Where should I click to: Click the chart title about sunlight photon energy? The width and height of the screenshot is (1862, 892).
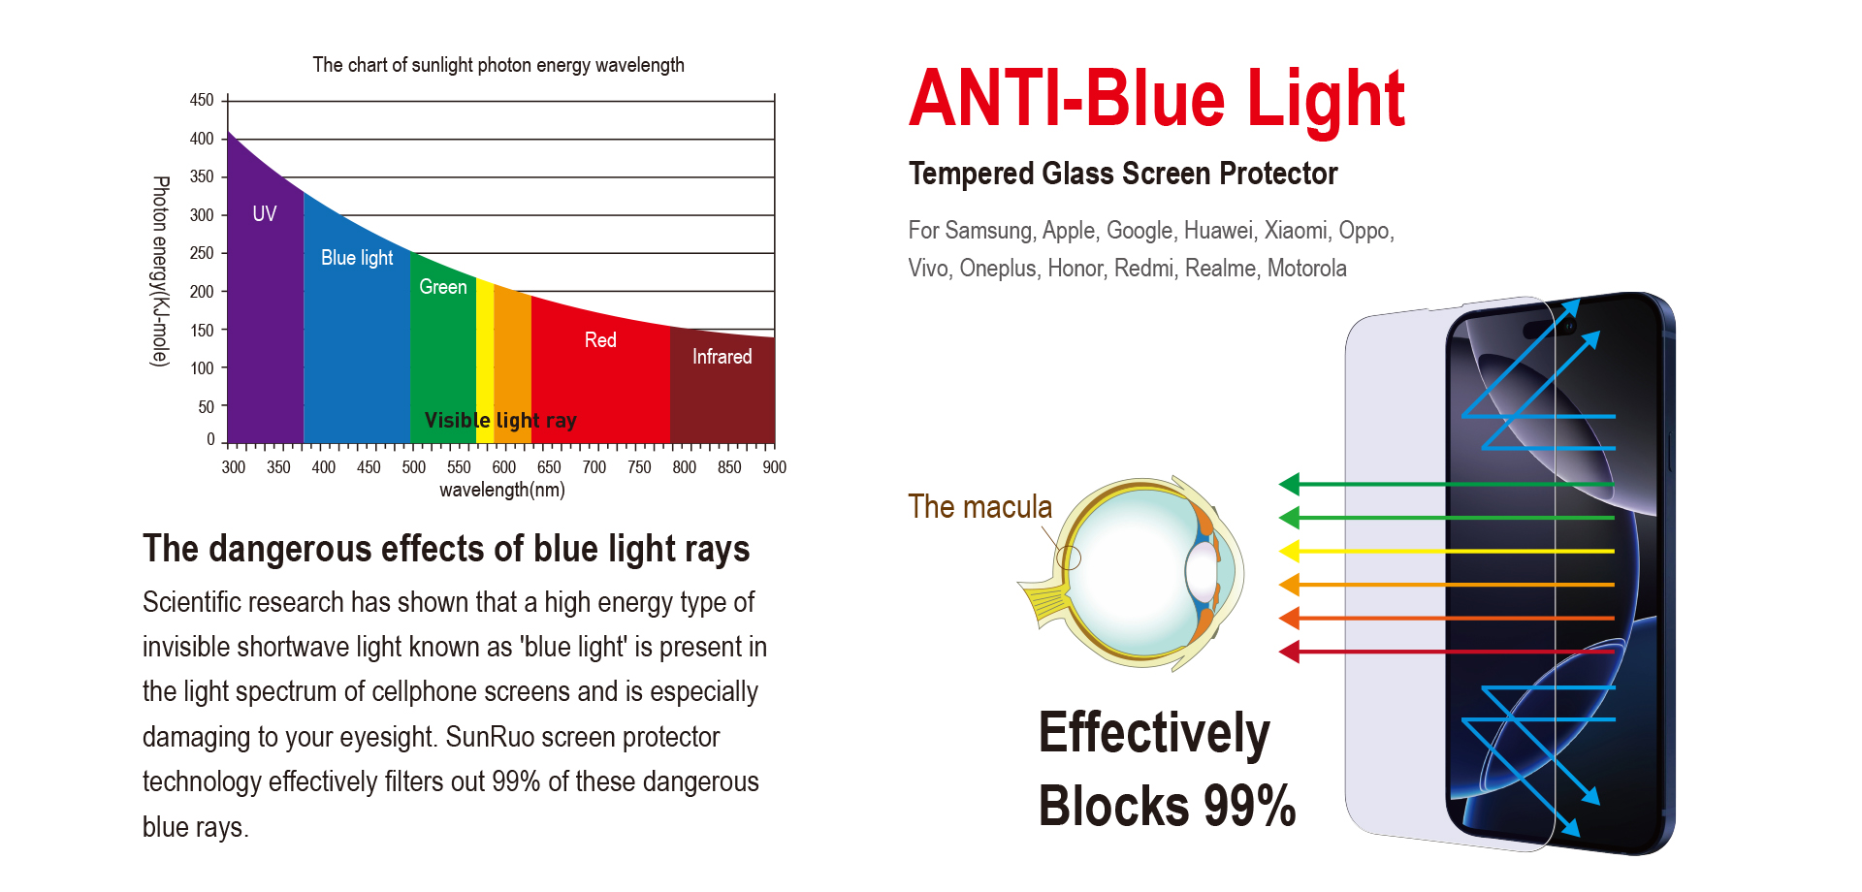(x=498, y=65)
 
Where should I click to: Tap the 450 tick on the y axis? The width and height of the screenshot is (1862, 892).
(x=202, y=100)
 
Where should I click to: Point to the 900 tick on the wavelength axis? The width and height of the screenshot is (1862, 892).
(x=774, y=467)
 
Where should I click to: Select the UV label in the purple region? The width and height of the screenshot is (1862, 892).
(x=265, y=213)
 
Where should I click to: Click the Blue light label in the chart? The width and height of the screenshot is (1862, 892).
(x=357, y=258)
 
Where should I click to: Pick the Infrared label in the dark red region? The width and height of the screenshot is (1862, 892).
(x=722, y=357)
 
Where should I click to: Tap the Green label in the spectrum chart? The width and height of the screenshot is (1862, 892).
(x=443, y=287)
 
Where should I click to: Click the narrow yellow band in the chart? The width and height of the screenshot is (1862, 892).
(x=485, y=364)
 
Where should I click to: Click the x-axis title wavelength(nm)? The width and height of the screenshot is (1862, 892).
(x=502, y=490)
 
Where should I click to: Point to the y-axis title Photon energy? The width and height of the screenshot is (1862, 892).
(x=161, y=271)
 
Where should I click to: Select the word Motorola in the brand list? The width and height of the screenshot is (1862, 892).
(x=1307, y=269)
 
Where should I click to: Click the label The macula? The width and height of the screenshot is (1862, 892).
(x=979, y=506)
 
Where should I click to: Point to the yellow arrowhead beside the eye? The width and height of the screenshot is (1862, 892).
(x=1289, y=551)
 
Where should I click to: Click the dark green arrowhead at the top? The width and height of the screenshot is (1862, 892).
(x=1289, y=483)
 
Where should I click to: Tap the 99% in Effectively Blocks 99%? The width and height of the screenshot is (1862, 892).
(x=1250, y=806)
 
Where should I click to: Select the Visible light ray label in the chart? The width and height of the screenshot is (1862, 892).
(x=500, y=421)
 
